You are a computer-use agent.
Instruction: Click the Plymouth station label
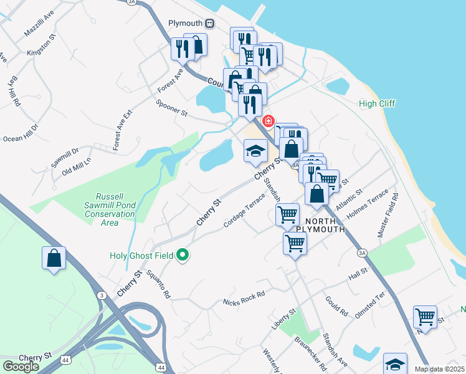186,23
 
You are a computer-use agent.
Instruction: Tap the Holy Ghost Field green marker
183,255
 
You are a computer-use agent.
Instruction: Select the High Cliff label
377,103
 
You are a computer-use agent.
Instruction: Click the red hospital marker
269,120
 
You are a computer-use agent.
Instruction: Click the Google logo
21,367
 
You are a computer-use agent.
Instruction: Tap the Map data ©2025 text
439,369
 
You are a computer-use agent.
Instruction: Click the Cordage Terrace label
244,209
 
